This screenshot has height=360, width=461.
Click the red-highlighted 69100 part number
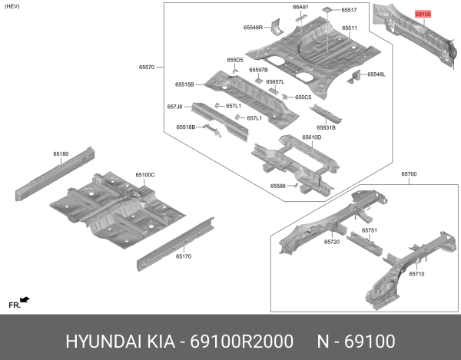click(424, 14)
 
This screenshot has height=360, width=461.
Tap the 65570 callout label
click(145, 68)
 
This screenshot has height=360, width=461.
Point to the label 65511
click(350, 28)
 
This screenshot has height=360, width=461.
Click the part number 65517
click(350, 10)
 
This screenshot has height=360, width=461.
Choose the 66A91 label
click(300, 7)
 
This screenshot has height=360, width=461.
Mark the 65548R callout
click(254, 28)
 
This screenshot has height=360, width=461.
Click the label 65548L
click(376, 74)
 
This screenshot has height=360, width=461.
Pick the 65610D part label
click(311, 137)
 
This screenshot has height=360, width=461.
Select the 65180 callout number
click(61, 154)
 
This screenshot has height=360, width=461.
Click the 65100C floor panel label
click(145, 175)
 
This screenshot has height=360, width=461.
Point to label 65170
click(183, 256)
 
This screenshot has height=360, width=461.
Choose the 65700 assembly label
click(409, 174)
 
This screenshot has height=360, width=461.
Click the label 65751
click(370, 230)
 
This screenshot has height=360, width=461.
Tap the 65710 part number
click(416, 273)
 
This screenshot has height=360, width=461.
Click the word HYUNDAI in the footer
click(95, 339)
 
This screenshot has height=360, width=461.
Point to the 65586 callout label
click(277, 186)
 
